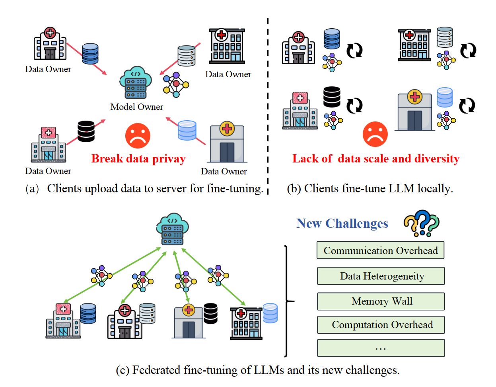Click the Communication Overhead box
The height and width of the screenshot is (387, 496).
[380, 250]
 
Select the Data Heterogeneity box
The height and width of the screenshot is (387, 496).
[381, 276]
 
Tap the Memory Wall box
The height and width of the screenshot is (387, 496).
[381, 301]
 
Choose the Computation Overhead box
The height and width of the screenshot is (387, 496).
[381, 325]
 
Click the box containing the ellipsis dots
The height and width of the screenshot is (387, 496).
[381, 348]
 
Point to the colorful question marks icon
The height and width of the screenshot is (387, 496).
[421, 223]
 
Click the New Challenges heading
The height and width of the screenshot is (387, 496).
[342, 223]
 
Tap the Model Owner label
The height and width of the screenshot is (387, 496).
[136, 107]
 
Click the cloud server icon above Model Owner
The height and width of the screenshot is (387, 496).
[136, 82]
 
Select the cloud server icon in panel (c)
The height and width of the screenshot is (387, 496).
[172, 230]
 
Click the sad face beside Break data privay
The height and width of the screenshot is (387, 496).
[138, 136]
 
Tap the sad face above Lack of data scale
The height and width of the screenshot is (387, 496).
[375, 134]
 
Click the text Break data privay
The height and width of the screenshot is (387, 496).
[138, 158]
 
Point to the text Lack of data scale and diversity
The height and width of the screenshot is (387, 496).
[376, 158]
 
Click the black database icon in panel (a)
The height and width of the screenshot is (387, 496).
[86, 131]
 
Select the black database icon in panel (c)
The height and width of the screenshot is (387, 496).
[210, 313]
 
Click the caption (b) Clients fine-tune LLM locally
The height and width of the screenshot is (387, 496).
[370, 188]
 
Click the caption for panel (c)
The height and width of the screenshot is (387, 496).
[257, 370]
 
